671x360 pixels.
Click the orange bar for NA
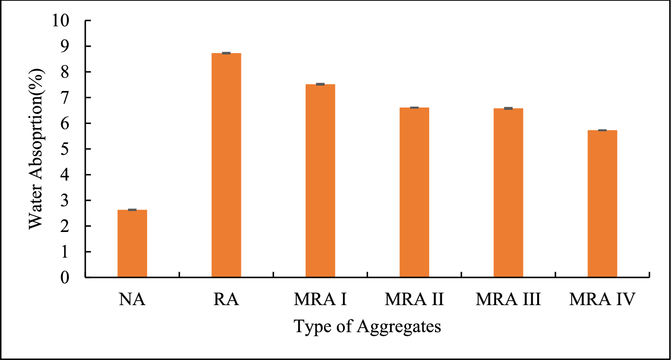[132, 244]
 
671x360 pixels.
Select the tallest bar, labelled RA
[226, 165]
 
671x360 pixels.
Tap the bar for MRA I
[320, 181]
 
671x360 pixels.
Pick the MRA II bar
[414, 192]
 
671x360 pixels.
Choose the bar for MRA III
[508, 193]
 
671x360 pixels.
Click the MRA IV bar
[602, 203]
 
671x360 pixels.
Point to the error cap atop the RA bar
[226, 53]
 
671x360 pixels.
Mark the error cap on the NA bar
[132, 210]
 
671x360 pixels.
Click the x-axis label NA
[132, 299]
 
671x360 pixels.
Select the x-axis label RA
[226, 299]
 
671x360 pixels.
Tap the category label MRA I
[320, 299]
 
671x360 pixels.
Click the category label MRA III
[508, 299]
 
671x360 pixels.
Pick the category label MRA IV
[602, 299]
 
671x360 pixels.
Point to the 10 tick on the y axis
[62, 21]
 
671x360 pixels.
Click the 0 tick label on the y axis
[66, 277]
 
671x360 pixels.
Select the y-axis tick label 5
[66, 149]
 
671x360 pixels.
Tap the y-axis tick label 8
[66, 72]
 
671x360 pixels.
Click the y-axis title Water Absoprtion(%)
[37, 149]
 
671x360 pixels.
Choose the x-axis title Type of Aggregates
[368, 327]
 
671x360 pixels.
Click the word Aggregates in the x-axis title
[400, 327]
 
